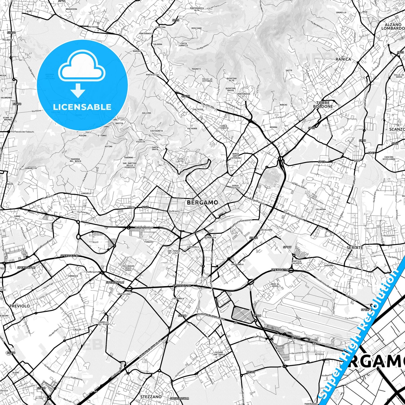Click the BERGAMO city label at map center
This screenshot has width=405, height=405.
pyautogui.click(x=202, y=202)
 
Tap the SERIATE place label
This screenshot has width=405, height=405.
pyautogui.click(x=355, y=247)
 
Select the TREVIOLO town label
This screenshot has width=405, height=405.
pyautogui.click(x=19, y=306)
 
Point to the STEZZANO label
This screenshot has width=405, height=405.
pyautogui.click(x=151, y=397)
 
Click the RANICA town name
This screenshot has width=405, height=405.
pyautogui.click(x=343, y=59)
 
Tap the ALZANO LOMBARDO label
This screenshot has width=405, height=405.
pyautogui.click(x=393, y=27)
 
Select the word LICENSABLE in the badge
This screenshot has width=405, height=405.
pyautogui.click(x=82, y=107)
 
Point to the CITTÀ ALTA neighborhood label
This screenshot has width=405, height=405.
pyautogui.click(x=180, y=160)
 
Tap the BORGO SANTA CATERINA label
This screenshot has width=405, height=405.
pyautogui.click(x=236, y=156)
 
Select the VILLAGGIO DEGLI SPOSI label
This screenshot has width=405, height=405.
pyautogui.click(x=128, y=268)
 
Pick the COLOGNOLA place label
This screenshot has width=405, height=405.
pyautogui.click(x=178, y=298)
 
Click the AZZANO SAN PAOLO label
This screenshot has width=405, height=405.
pyautogui.click(x=219, y=353)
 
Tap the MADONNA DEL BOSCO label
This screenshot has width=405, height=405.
pyautogui.click(x=75, y=160)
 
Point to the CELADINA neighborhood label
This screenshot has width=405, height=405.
pyautogui.click(x=321, y=209)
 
